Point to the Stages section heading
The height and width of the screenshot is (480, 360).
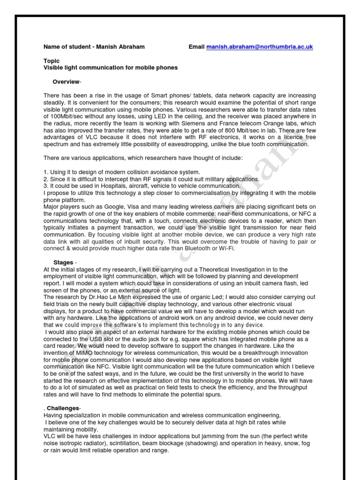pyautogui.click(x=63, y=262)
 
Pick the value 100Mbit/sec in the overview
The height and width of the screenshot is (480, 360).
pyautogui.click(x=60, y=116)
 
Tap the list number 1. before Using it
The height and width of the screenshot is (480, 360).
pyautogui.click(x=45, y=172)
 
